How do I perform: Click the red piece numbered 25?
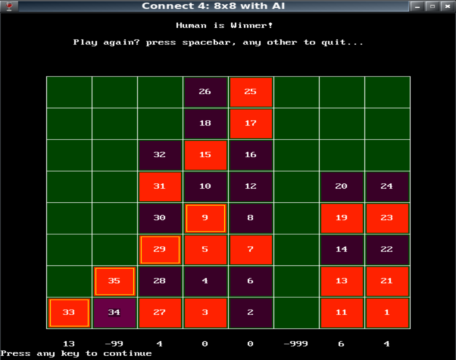click(250, 92)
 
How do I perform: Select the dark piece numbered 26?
click(205, 92)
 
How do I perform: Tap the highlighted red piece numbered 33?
click(69, 313)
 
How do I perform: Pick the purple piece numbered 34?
click(114, 313)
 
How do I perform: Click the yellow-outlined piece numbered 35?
click(114, 281)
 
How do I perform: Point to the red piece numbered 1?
click(387, 313)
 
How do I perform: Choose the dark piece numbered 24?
click(387, 187)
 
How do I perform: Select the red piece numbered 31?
click(160, 187)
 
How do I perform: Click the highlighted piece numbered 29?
click(160, 250)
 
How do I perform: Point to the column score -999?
click(296, 344)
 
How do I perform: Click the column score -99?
click(114, 344)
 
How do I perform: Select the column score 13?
click(69, 344)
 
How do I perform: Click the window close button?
click(447, 6)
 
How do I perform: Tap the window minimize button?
click(417, 6)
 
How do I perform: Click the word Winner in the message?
click(251, 25)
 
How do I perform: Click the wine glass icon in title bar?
click(9, 6)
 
